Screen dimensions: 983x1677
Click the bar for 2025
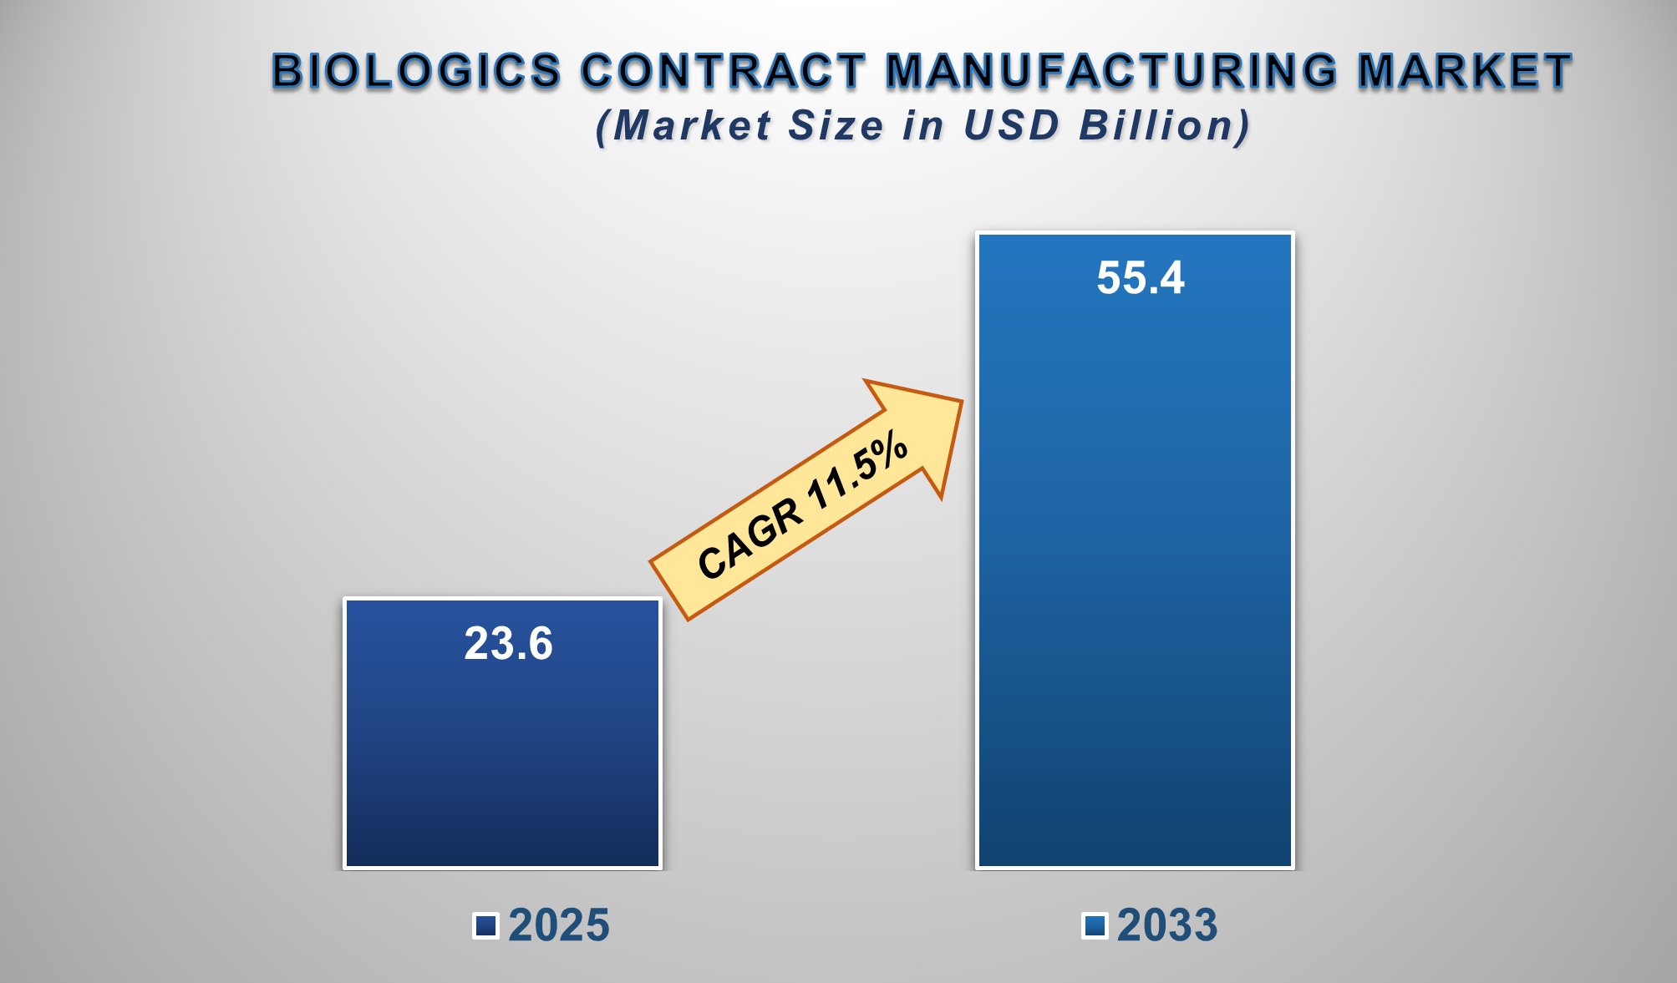pos(502,752)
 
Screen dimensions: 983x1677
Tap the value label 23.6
pos(508,644)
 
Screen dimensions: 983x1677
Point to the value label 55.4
pos(1140,278)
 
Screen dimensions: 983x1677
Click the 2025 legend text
pos(559,925)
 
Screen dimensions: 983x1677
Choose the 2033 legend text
pos(1167,925)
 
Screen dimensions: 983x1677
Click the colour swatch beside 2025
pos(485,925)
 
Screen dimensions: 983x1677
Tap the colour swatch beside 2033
pos(1095,925)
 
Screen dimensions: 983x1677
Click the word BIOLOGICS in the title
pos(416,71)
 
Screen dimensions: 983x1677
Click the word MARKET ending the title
pos(1465,71)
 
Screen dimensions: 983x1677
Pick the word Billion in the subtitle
pos(1164,126)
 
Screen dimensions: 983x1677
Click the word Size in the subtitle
pos(836,126)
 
